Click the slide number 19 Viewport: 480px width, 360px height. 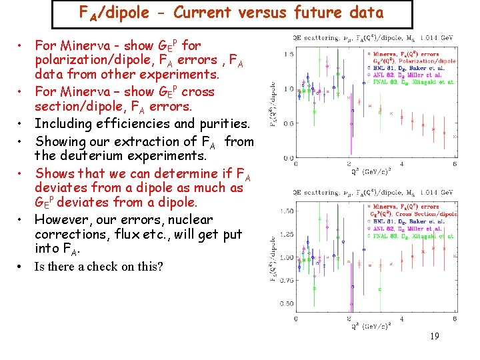click(x=434, y=337)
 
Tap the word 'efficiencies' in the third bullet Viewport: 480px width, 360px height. click(x=128, y=123)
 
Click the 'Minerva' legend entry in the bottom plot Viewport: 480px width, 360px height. click(x=389, y=207)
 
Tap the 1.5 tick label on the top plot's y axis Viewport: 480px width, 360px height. click(x=287, y=53)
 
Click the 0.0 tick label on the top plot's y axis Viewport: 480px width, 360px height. click(x=287, y=157)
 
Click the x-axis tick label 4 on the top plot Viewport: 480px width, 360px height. click(x=401, y=165)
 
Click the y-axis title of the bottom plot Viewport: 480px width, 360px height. click(x=274, y=257)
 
